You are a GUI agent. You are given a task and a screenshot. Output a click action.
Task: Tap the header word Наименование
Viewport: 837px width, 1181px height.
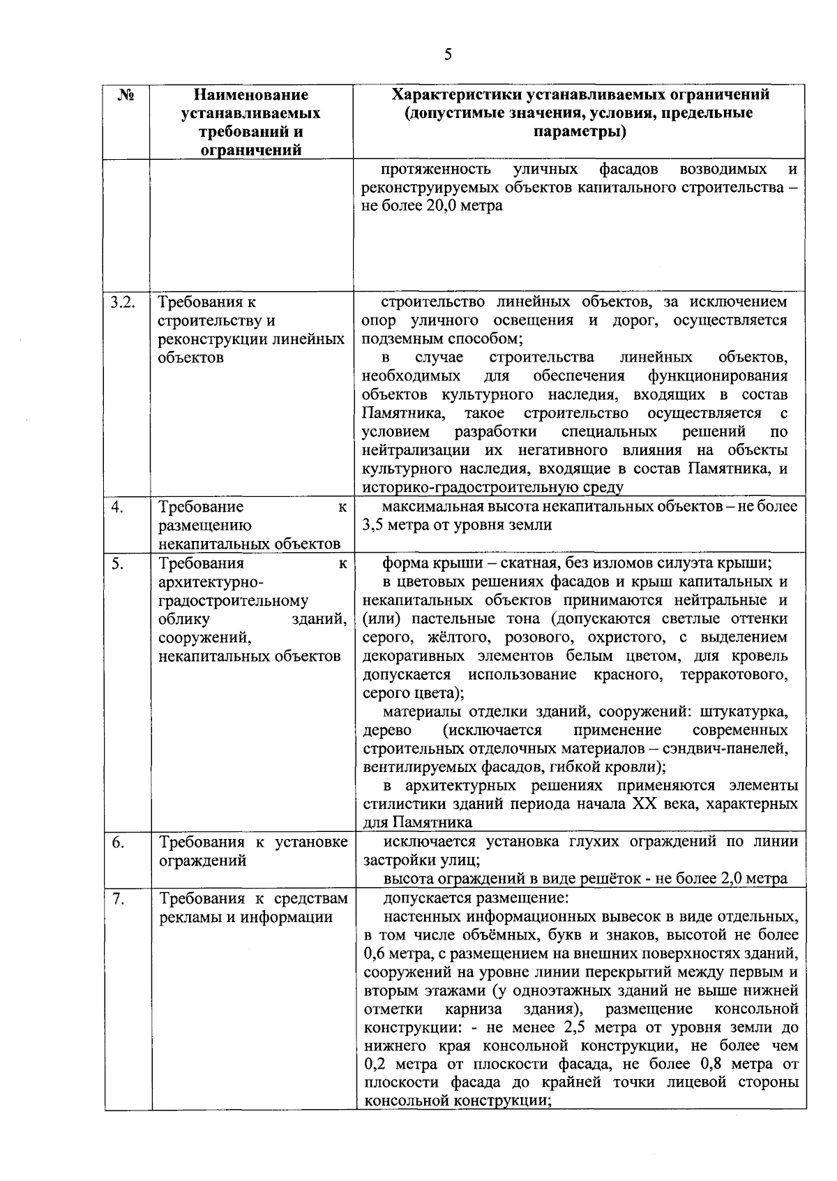[250, 95]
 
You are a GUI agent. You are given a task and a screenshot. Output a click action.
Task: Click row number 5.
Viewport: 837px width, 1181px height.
[116, 563]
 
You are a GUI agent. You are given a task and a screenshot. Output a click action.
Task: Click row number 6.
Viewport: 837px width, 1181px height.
[117, 842]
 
